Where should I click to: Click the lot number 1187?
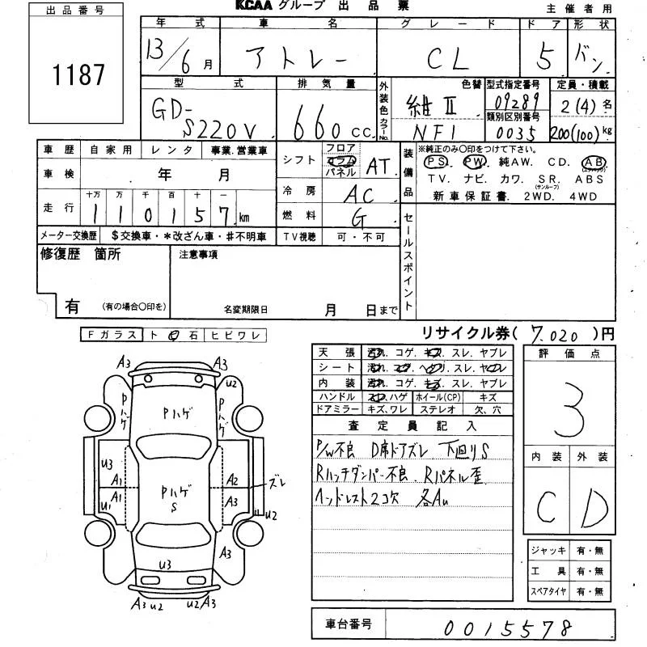coord(78,75)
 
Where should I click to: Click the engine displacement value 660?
coord(319,125)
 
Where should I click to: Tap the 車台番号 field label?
coord(350,624)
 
